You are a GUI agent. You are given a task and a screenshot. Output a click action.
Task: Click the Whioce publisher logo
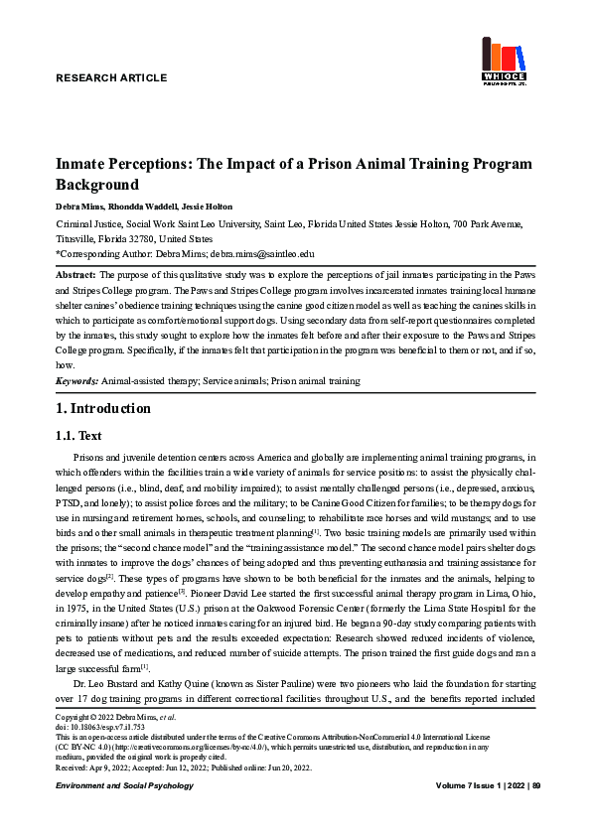pos(504,62)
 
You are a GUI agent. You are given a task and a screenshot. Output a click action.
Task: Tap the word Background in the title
pos(96,185)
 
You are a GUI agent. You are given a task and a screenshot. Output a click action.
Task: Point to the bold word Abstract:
pos(75,273)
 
